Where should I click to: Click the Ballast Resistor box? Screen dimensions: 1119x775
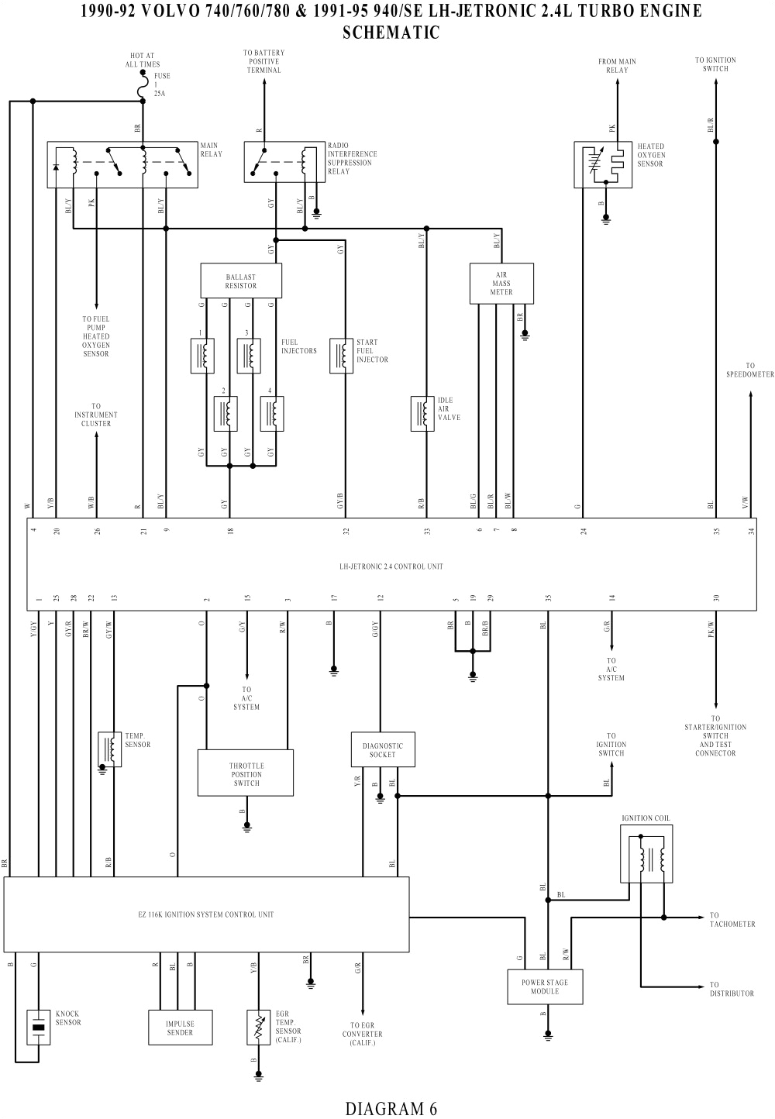pos(241,281)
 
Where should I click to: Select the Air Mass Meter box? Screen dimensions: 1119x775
pos(501,284)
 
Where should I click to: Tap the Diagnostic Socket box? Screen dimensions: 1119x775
pos(382,750)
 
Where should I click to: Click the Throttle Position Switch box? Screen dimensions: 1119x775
pos(246,773)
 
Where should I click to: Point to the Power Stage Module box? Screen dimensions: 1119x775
pos(544,986)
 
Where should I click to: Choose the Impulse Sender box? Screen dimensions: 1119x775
pos(181,1028)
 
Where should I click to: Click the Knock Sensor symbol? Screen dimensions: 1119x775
pos(39,1027)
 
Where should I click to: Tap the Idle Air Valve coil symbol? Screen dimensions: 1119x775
pos(422,413)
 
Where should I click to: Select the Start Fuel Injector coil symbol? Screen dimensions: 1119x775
pos(341,356)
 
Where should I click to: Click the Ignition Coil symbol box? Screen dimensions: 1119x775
pos(646,854)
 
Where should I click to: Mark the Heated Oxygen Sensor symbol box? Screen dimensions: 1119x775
pos(603,164)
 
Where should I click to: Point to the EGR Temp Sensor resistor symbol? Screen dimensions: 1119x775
pos(259,1028)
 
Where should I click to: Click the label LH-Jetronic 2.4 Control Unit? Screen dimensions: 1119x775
pos(391,566)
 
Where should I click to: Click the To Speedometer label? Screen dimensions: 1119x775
pos(750,370)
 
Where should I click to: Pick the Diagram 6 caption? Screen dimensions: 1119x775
pos(391,1108)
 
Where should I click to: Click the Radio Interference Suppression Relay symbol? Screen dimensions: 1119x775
pos(284,162)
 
